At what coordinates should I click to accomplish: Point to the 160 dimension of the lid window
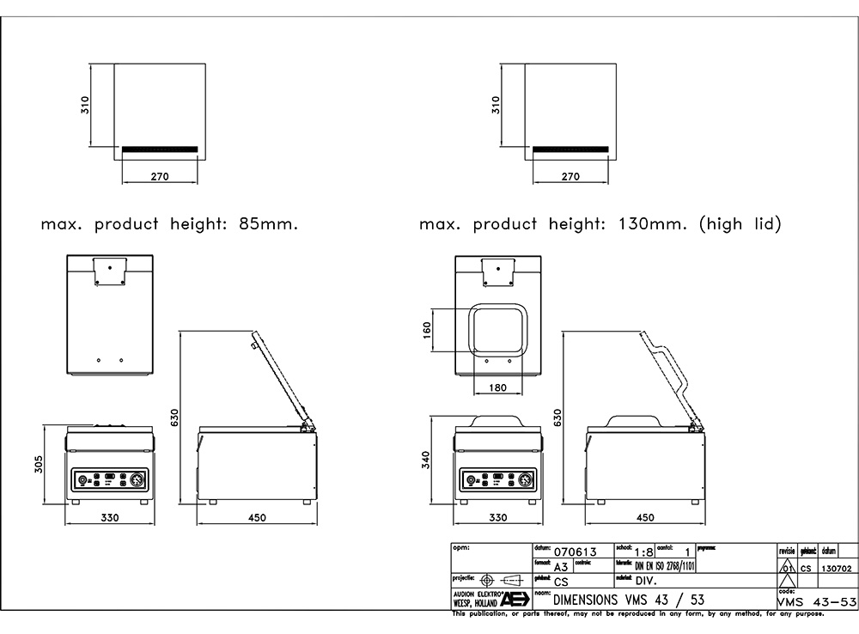[427, 331]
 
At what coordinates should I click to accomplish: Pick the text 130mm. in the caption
[653, 225]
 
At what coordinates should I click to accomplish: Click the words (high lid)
[740, 225]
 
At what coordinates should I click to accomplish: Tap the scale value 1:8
[643, 551]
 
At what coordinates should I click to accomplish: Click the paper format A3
[561, 567]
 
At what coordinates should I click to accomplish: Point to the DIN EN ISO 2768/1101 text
[665, 566]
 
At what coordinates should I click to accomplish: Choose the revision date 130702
[837, 568]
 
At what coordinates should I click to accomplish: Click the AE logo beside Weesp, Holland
[515, 599]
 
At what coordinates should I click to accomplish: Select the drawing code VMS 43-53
[816, 601]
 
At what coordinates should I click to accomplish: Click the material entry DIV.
[646, 582]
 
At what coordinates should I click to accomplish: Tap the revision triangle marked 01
[786, 567]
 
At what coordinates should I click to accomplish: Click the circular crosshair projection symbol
[488, 580]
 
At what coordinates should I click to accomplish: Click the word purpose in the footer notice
[807, 613]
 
